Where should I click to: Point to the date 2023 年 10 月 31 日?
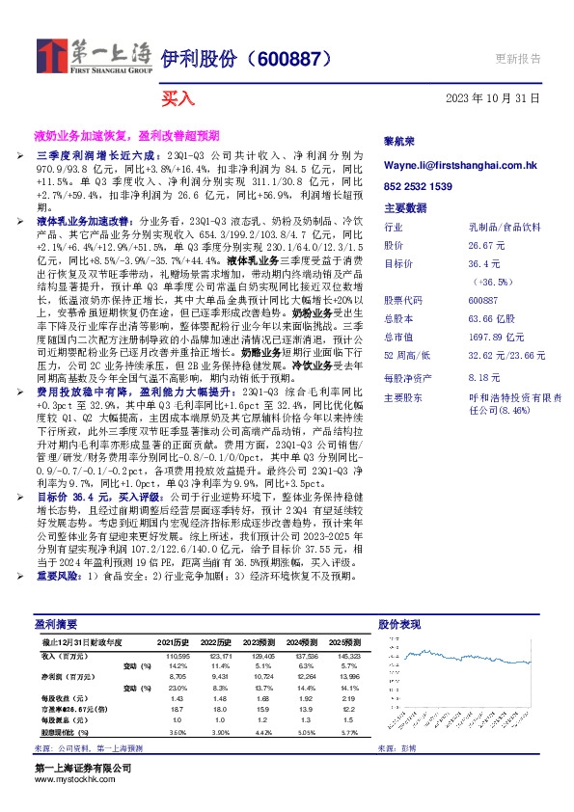coord(492,98)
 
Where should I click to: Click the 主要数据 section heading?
coord(405,207)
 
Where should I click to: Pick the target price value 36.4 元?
coord(483,262)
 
